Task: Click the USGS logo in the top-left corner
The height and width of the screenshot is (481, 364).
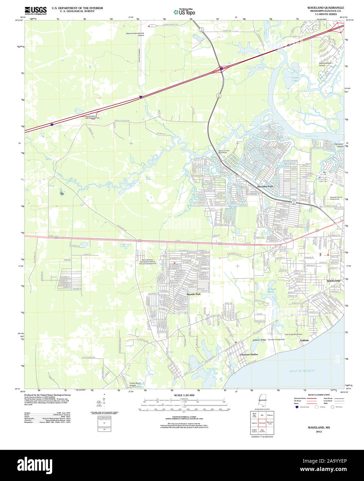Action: tap(36, 10)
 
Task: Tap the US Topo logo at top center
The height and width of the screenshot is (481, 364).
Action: tap(184, 12)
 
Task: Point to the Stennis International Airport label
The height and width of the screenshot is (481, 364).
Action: tap(135, 34)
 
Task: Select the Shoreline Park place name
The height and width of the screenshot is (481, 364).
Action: tap(265, 187)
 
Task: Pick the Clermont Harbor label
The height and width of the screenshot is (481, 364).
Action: tap(249, 355)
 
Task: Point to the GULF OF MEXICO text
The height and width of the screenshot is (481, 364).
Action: tap(302, 371)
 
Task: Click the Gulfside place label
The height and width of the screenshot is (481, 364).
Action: tap(304, 341)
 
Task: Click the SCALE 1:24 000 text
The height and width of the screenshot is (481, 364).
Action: tap(184, 395)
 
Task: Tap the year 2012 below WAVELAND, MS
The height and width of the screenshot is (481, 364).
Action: tap(319, 432)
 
